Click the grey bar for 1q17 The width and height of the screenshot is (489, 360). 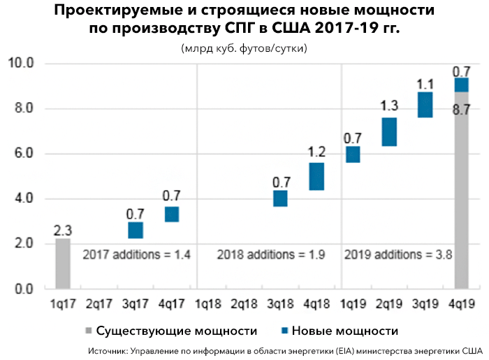[63, 264]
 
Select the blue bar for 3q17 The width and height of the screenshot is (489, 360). [136, 230]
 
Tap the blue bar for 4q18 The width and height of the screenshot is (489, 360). [316, 176]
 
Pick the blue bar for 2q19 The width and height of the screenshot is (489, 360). [389, 131]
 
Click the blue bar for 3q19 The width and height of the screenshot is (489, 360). [425, 105]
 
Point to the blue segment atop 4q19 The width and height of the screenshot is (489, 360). [461, 85]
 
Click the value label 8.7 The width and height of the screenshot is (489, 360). [461, 109]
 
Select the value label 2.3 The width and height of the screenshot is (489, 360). [63, 229]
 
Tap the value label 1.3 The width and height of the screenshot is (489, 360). [389, 106]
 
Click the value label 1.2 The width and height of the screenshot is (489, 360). [316, 152]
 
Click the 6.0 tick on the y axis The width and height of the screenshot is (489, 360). [24, 154]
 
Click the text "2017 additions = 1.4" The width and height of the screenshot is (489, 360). [136, 254]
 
